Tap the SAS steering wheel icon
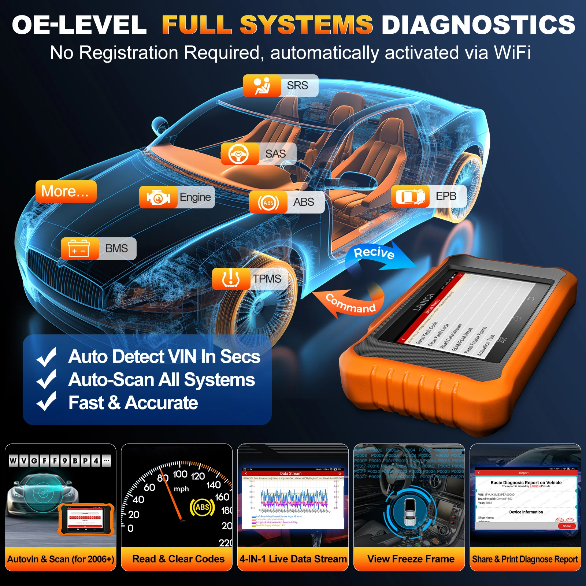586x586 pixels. [239, 154]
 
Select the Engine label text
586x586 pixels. [195, 197]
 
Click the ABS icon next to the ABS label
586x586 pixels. [268, 203]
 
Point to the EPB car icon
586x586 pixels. [410, 197]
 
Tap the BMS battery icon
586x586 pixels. [79, 249]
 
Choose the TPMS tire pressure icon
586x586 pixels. [231, 279]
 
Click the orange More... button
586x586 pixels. [66, 191]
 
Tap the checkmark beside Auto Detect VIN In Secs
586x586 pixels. [47, 357]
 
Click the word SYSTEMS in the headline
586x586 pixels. [306, 25]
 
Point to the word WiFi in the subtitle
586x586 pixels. [512, 53]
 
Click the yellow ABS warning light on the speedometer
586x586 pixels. [202, 507]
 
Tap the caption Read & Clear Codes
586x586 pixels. [178, 559]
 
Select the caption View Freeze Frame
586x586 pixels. [411, 559]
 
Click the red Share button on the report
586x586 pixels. [567, 526]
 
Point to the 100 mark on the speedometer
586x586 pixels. [180, 474]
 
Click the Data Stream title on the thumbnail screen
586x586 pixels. [291, 474]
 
